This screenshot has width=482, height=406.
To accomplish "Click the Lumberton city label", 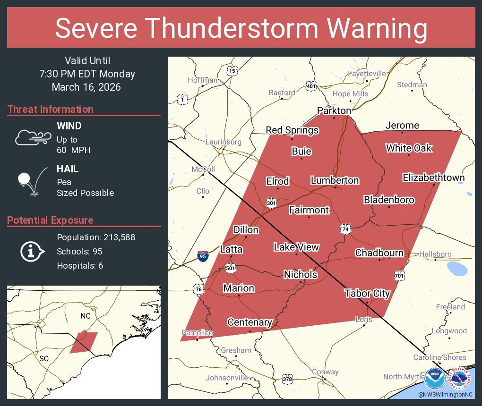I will pos(335,180).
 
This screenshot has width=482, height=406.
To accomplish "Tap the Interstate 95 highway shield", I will pos(203,256).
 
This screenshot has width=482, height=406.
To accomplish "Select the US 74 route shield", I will pos(345,229).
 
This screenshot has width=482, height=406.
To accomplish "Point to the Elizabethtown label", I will pos(433,178).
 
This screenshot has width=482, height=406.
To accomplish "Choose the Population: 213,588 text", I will pos(96,237).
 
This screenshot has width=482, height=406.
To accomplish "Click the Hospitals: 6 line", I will pos(80,265).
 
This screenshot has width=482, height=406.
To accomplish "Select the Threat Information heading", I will pos(51,109).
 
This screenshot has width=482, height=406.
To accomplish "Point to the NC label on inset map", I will pos(85,315).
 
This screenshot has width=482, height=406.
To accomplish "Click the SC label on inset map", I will pos(44,358).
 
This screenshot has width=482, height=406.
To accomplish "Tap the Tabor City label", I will pos(367,293).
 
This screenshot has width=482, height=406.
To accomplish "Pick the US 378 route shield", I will pos(287,379).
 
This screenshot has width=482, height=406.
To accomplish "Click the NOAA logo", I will pos(434,378).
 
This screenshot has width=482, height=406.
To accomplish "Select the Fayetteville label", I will pos(367,74).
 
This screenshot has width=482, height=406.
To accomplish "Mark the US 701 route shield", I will pos(399,274).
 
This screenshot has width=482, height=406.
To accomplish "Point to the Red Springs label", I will pos(292,130).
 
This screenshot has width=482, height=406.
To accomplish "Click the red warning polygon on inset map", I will pos(84,343).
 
